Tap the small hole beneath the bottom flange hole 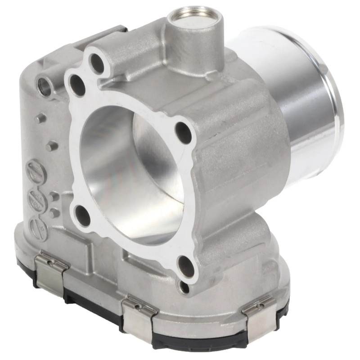tap(184, 287)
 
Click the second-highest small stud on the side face tap(52, 146)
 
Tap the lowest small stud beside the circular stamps tap(54, 212)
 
